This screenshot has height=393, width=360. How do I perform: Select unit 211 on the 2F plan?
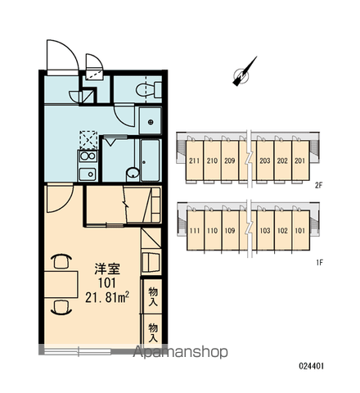coord(195,160)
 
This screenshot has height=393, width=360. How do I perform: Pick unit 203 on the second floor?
coord(265,160)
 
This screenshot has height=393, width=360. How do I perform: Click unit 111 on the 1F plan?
coord(195,231)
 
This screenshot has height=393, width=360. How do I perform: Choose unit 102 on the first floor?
coord(282,231)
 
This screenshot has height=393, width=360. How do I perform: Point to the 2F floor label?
coord(318,186)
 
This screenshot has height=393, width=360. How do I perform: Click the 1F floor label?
coord(319,263)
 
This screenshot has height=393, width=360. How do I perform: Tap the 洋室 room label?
coord(107,269)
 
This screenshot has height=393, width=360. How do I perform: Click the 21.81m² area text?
coord(107,297)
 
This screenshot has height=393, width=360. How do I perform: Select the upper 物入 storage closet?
coord(153,296)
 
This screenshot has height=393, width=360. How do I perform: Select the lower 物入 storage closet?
coord(153,332)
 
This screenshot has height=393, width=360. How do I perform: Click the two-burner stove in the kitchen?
coord(88,156)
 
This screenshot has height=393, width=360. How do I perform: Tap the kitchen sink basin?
coord(88,174)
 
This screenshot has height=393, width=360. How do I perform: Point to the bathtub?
coord(150,160)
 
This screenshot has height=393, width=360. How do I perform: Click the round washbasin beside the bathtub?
coord(133,174)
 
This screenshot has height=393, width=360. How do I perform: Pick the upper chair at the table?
coord(61,260)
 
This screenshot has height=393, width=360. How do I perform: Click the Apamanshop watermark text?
coord(180,352)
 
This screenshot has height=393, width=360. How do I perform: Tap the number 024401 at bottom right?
coord(312,366)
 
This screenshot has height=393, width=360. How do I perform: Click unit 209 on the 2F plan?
coord(230,160)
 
